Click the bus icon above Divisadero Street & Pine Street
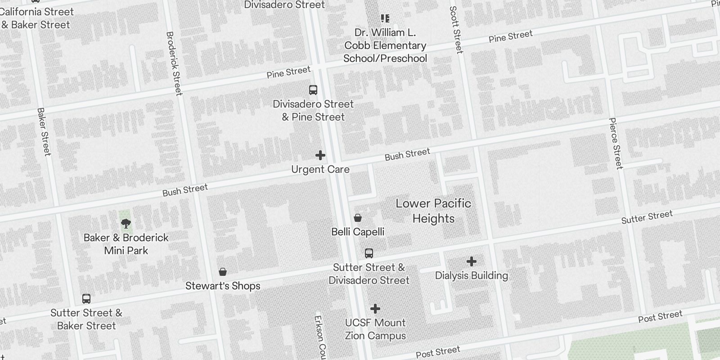pyautogui.click(x=313, y=90)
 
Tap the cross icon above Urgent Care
pyautogui.click(x=320, y=156)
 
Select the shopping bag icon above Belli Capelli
pyautogui.click(x=358, y=218)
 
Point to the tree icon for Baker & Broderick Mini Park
pyautogui.click(x=126, y=223)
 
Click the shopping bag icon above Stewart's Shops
pyautogui.click(x=222, y=272)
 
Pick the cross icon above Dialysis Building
pyautogui.click(x=472, y=261)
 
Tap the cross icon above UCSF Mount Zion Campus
pyautogui.click(x=375, y=309)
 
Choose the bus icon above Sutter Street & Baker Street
pyautogui.click(x=86, y=299)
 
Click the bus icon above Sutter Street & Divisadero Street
pyautogui.click(x=369, y=253)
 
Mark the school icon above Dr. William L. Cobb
pyautogui.click(x=385, y=18)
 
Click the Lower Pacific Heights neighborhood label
pyautogui.click(x=433, y=211)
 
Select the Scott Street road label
pyautogui.click(x=456, y=30)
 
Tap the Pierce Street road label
pyautogui.click(x=616, y=143)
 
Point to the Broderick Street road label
pyautogui.click(x=174, y=63)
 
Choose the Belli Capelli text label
pyautogui.click(x=358, y=232)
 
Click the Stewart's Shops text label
pyautogui.click(x=223, y=286)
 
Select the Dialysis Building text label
pyautogui.click(x=472, y=275)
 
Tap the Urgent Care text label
pyautogui.click(x=320, y=170)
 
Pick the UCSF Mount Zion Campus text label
pyautogui.click(x=375, y=329)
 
